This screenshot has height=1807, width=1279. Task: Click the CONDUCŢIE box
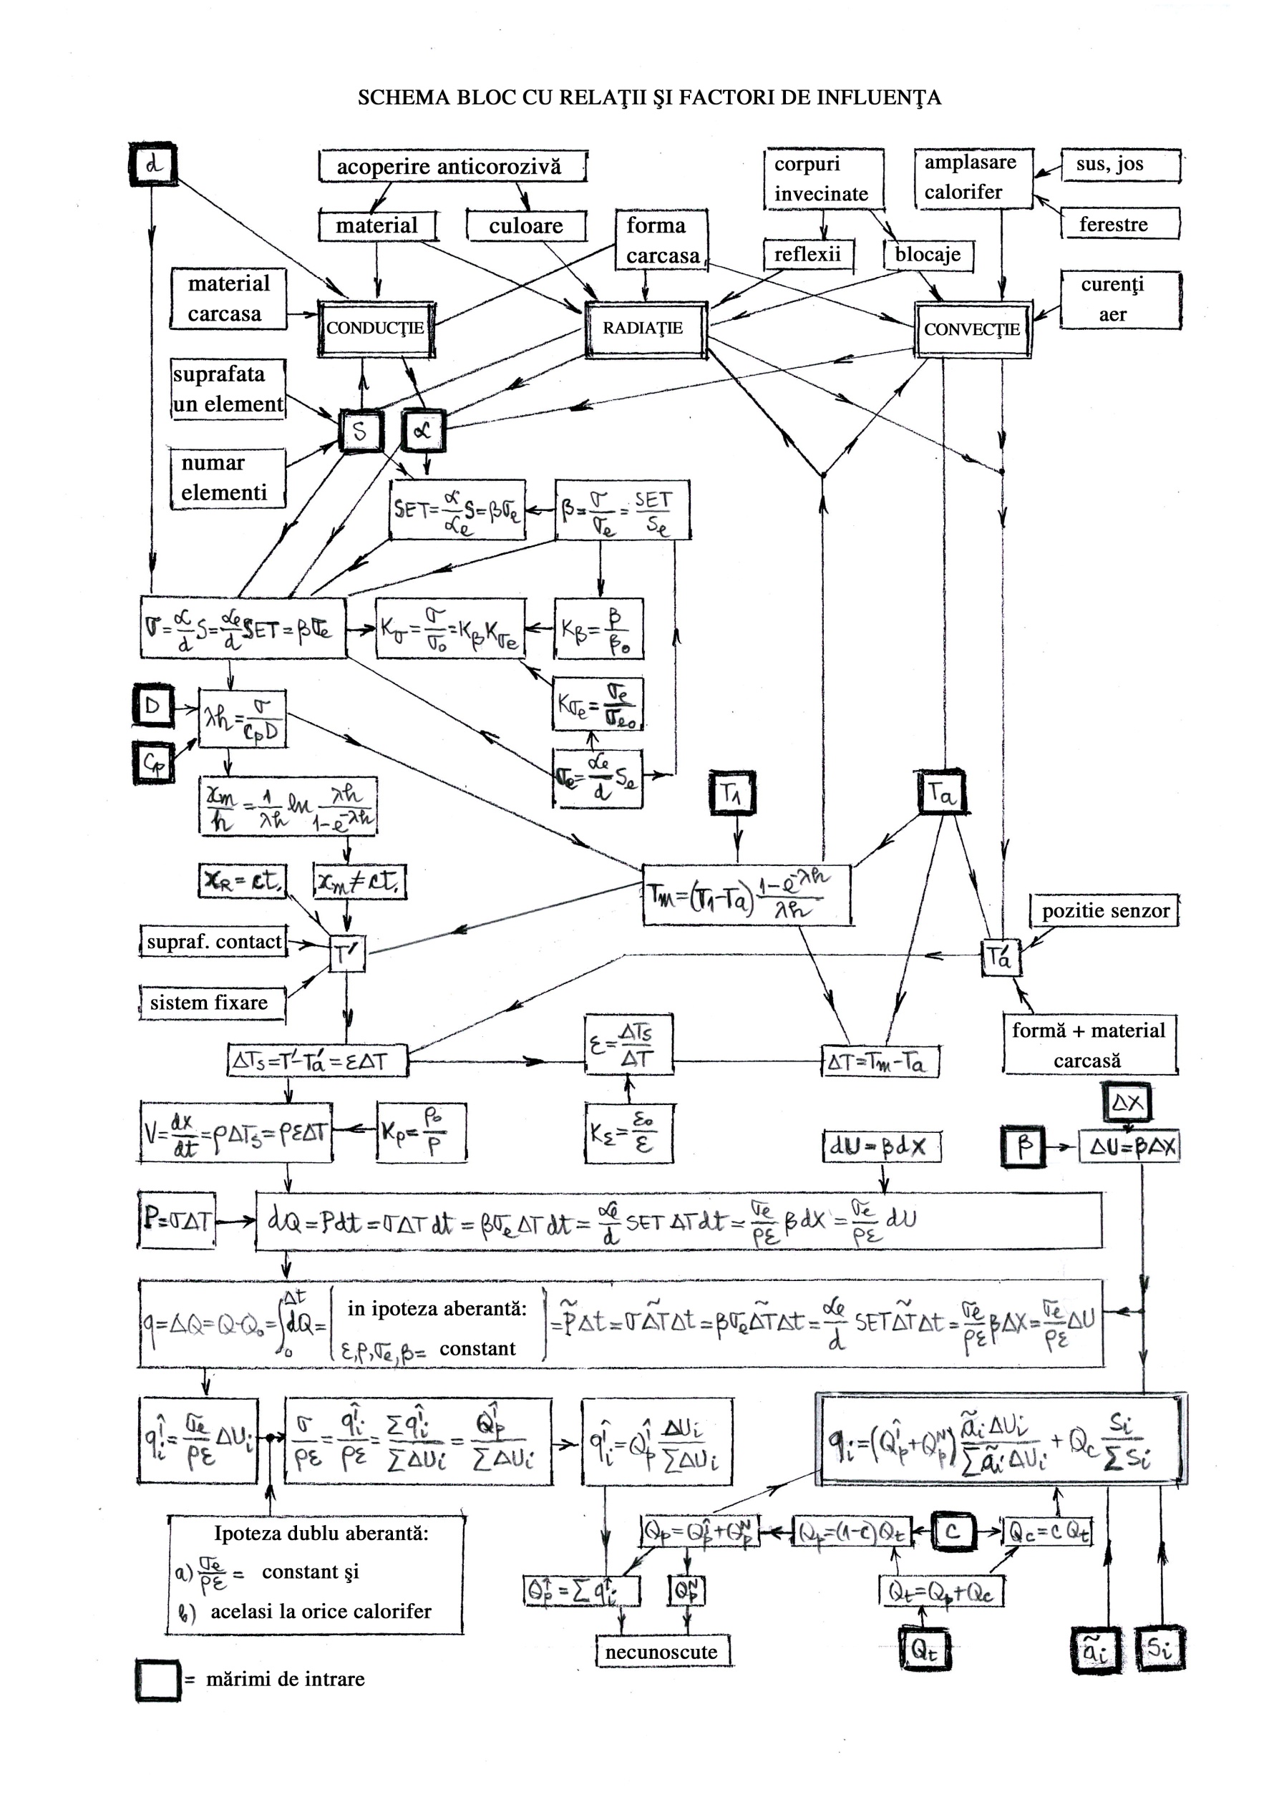[x=376, y=328]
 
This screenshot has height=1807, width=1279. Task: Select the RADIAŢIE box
[x=645, y=328]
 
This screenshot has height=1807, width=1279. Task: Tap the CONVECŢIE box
[x=973, y=330]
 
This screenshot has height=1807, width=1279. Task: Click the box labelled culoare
[x=526, y=227]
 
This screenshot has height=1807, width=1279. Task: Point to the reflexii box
[x=808, y=255]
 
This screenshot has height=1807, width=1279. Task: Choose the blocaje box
[x=928, y=255]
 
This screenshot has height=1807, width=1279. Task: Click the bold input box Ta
[x=942, y=794]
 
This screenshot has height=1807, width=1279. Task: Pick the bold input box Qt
[x=925, y=1650]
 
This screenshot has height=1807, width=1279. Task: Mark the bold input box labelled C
[x=953, y=1531]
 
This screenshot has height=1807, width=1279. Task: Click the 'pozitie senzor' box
[x=1106, y=911]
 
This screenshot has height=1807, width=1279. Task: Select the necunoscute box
[x=661, y=1652]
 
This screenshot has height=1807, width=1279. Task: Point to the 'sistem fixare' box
[x=211, y=1003]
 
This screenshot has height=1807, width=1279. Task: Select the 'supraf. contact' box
[x=213, y=943]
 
